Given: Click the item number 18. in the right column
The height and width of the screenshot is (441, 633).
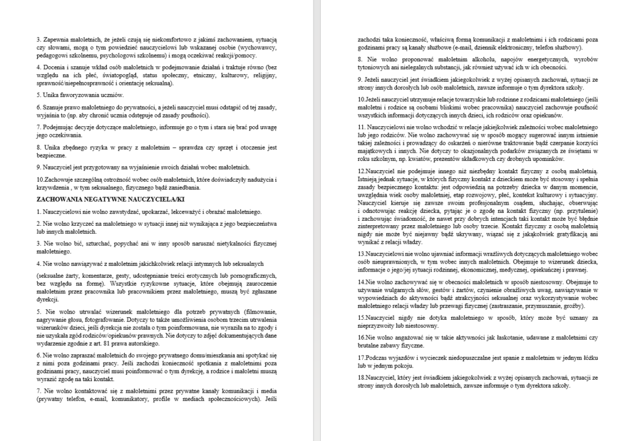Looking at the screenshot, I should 362,378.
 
